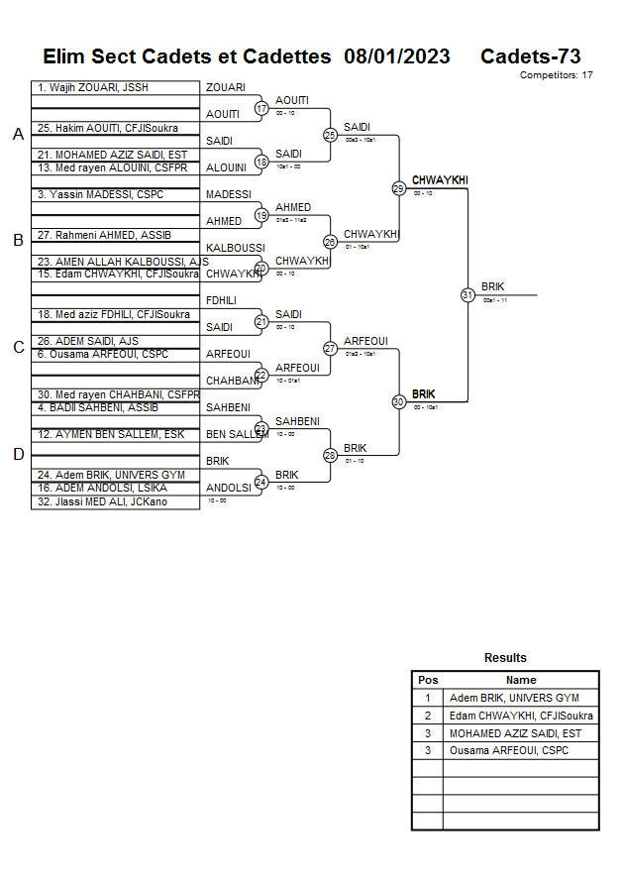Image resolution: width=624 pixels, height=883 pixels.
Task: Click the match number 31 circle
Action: click(x=468, y=294)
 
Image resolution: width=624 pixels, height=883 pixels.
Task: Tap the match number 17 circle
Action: click(x=261, y=108)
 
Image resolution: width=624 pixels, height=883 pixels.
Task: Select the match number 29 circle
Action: click(x=398, y=187)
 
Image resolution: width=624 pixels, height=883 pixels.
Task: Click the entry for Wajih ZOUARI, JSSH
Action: click(x=93, y=88)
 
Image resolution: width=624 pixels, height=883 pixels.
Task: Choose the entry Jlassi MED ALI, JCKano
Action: click(x=103, y=501)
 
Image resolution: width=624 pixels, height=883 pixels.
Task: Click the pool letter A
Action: click(x=18, y=135)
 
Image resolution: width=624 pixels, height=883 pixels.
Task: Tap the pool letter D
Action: click(x=18, y=454)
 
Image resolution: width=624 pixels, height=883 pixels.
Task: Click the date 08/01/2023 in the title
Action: click(x=397, y=56)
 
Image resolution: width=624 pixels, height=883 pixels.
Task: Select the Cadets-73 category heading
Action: click(x=531, y=56)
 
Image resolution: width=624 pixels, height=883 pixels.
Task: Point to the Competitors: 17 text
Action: click(x=557, y=75)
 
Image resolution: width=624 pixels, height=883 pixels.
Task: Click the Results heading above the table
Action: click(x=505, y=658)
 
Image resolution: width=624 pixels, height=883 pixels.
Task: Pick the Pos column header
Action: click(x=428, y=680)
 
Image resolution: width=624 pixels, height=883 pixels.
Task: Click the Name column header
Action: click(x=521, y=680)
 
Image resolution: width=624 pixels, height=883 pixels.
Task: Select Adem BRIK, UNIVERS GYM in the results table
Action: click(x=514, y=698)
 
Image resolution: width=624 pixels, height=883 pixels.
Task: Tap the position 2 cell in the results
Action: click(x=428, y=716)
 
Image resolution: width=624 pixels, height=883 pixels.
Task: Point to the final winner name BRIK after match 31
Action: click(x=493, y=287)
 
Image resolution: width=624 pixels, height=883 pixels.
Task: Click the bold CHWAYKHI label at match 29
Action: click(x=440, y=180)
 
